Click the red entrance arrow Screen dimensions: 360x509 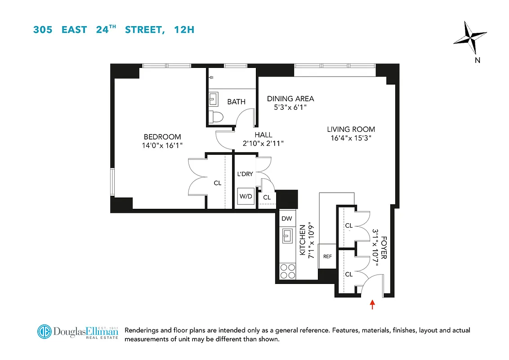coord(372,305)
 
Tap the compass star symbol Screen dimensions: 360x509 coord(470,38)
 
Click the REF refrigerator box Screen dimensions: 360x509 coord(327,256)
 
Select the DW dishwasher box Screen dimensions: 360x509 coord(286,219)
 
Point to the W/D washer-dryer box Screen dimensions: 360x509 coord(246,197)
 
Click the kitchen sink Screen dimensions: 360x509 coord(286,235)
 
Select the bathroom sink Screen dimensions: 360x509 coord(214,98)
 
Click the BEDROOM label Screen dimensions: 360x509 coord(162,137)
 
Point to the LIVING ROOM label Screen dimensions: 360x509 coord(351,130)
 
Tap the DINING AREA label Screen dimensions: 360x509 coord(290,99)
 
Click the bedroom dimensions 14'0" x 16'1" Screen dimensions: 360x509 coord(162,145)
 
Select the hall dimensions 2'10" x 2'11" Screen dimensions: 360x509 coord(263,143)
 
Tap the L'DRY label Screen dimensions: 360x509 coord(245,174)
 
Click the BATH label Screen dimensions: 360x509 coord(236,102)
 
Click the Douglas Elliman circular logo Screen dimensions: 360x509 coord(45,332)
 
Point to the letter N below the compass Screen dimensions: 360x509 coord(478,60)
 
